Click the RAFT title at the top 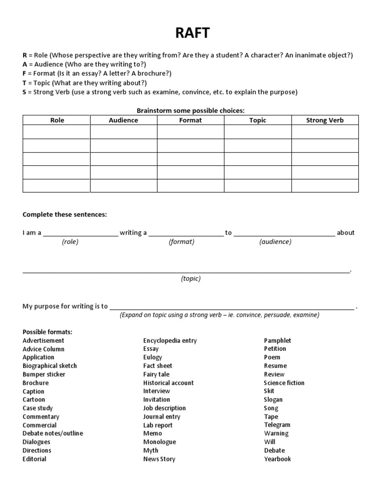192,33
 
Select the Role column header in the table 57,120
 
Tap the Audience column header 123,120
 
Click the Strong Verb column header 325,120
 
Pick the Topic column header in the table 258,120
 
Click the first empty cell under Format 190,132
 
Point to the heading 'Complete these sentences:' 65,214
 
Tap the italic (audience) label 275,241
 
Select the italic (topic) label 190,279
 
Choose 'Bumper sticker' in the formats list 44,374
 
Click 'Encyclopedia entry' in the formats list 170,340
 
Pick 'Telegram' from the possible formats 277,425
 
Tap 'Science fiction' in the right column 284,383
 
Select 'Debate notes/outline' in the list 53,433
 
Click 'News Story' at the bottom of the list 159,459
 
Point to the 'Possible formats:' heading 47,332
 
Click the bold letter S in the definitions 25,92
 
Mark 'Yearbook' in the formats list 278,459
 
